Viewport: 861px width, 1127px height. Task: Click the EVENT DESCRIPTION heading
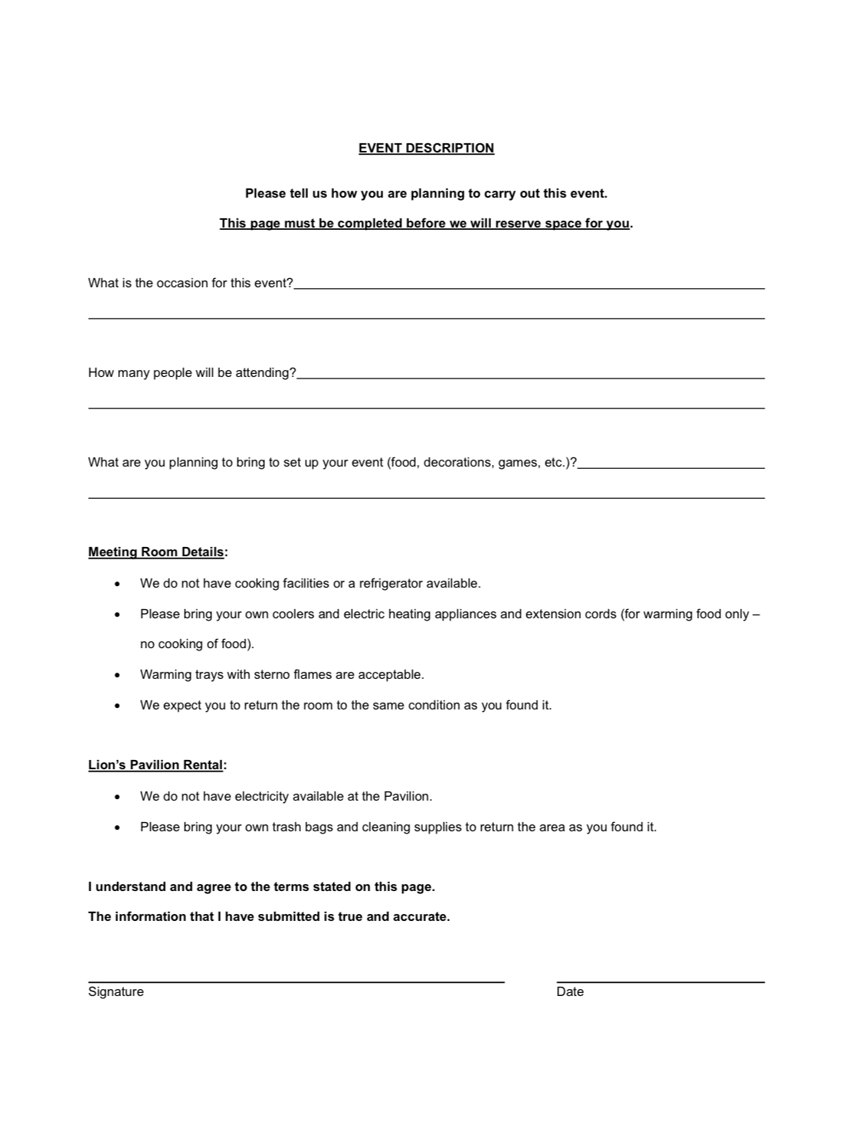click(x=426, y=148)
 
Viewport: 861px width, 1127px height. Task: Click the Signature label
click(x=116, y=991)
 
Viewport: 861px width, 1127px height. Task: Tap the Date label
click(x=570, y=991)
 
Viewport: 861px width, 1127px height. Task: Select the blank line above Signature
click(x=296, y=981)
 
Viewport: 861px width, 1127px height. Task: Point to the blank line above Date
click(x=660, y=981)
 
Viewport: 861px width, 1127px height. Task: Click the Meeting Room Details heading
click(x=156, y=552)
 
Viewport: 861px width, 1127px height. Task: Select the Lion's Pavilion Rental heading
click(x=156, y=765)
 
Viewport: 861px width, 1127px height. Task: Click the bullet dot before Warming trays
click(x=117, y=675)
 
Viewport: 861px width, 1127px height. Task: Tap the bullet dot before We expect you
click(x=117, y=706)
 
